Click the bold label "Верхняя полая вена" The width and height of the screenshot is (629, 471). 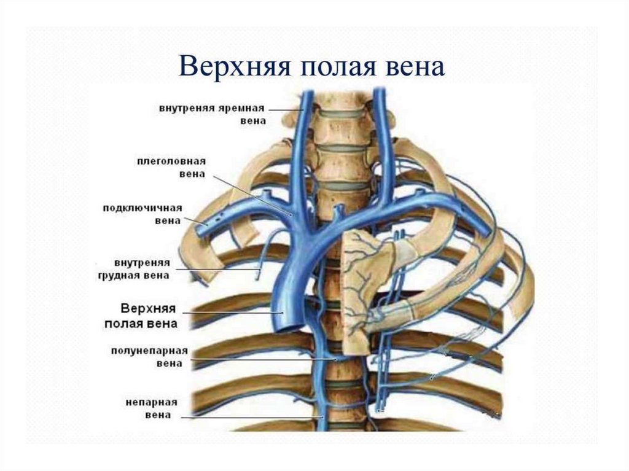147,314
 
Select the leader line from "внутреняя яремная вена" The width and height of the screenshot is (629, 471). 289,110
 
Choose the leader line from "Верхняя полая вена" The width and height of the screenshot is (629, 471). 233,313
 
